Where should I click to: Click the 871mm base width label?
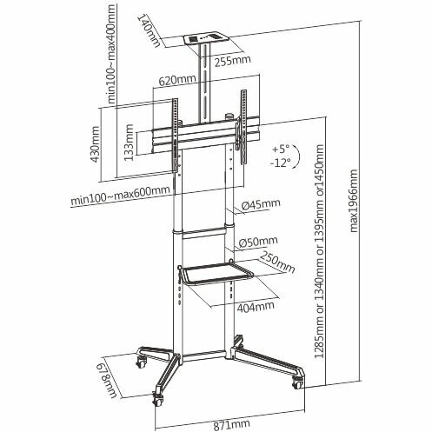point(232,424)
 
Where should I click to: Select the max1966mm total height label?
point(354,201)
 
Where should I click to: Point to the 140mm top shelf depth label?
point(150,31)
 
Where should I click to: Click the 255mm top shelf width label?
point(232,61)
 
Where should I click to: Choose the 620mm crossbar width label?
point(177,80)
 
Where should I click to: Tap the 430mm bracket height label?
point(96,144)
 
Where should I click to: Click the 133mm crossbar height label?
point(129,143)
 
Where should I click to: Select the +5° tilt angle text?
point(281,150)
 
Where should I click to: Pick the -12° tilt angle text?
point(281,163)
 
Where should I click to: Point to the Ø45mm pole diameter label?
point(261,204)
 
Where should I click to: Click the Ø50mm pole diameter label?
point(258,242)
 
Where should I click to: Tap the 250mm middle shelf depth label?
point(277,263)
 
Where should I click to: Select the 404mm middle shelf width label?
point(256,307)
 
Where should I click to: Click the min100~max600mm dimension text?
point(120,196)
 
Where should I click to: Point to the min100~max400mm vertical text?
point(111,54)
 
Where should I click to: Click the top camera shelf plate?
point(206,38)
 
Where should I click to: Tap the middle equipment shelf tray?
point(216,272)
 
